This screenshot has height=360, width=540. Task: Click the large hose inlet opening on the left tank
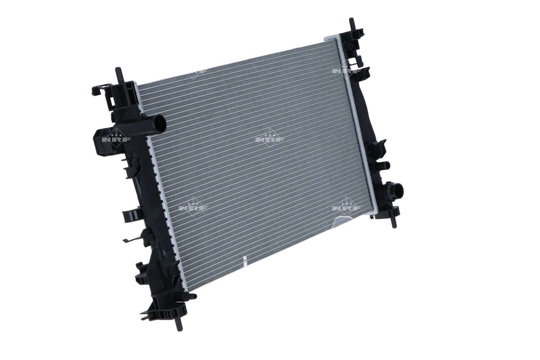tap(159, 123)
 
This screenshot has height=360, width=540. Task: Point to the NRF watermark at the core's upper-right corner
tap(346, 71)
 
